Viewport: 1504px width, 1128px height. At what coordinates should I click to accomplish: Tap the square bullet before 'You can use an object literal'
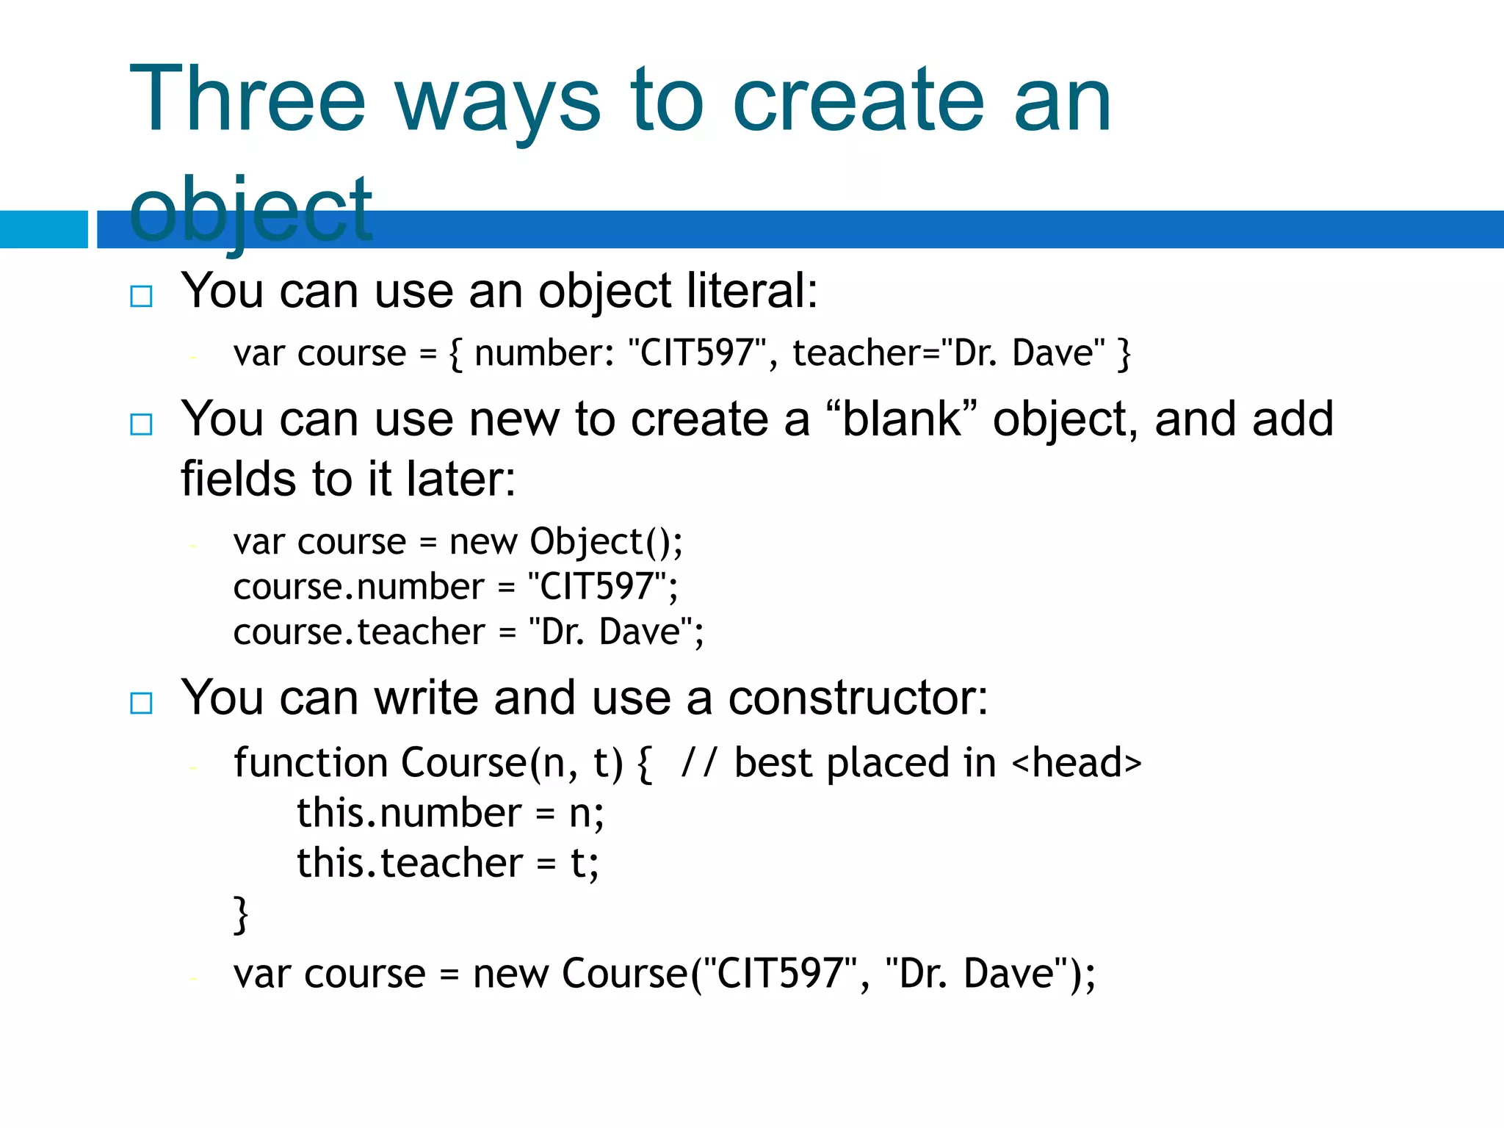point(141,296)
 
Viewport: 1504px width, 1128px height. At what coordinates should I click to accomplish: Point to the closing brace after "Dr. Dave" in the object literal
point(1123,353)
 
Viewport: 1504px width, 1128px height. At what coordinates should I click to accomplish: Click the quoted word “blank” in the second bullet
point(902,419)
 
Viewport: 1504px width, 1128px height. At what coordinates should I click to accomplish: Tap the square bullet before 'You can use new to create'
point(141,424)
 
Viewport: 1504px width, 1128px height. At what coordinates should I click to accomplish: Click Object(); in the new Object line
point(606,542)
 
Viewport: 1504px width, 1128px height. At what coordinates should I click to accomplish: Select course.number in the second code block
point(358,587)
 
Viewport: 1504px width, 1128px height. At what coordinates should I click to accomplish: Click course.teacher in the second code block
point(359,632)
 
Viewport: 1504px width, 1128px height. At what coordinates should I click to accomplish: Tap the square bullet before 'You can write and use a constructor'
point(141,703)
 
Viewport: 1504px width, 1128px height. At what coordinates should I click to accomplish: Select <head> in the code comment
point(1077,762)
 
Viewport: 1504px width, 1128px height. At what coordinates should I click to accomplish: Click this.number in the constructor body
point(409,813)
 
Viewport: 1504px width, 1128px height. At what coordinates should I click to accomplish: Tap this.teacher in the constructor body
point(410,863)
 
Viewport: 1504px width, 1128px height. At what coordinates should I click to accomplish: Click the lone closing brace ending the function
point(241,914)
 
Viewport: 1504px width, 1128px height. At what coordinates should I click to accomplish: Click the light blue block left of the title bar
point(43,229)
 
